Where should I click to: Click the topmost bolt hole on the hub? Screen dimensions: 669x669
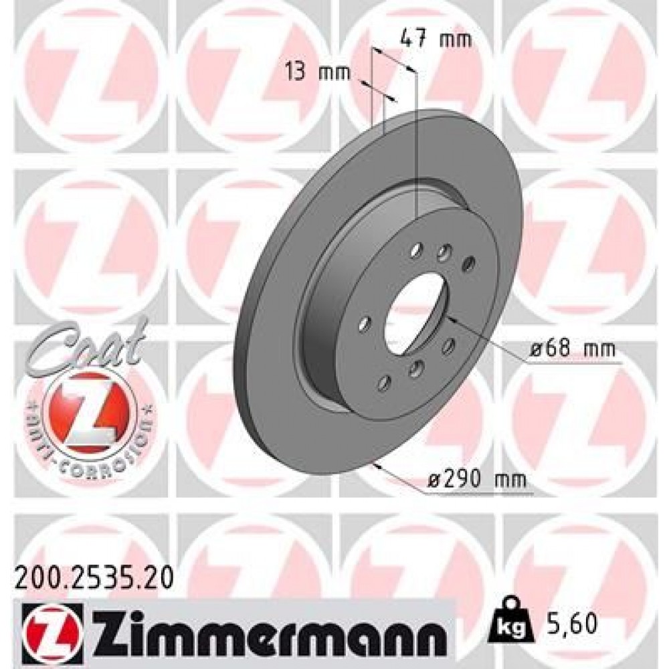point(416,250)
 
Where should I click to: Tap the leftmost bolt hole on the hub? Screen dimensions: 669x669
point(365,324)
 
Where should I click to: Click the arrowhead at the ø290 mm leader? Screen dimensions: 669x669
point(379,467)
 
